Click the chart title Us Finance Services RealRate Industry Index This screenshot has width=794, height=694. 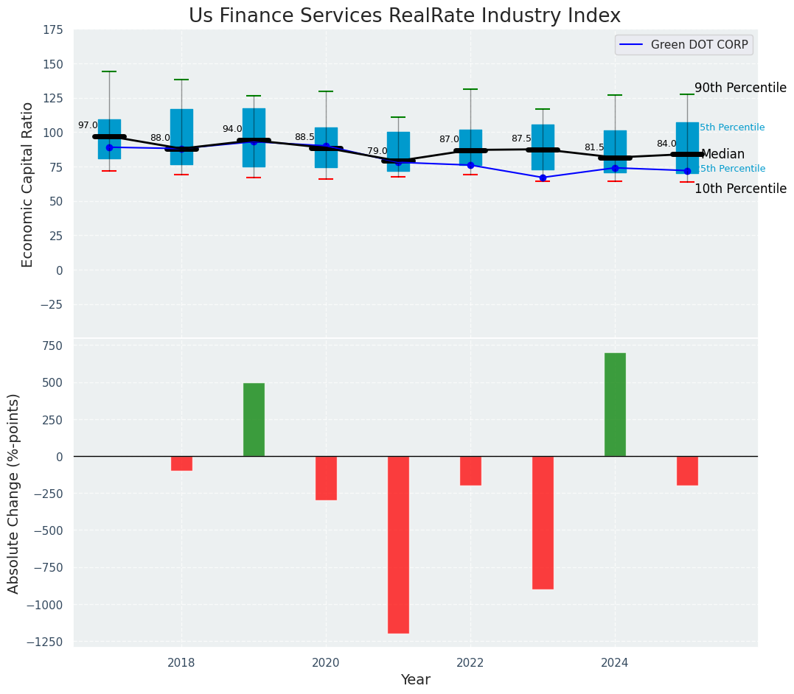[404, 16]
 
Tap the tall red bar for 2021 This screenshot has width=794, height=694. [398, 544]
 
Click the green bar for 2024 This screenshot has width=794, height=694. [615, 404]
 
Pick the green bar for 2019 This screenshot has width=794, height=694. [254, 419]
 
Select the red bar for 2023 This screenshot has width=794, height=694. [543, 522]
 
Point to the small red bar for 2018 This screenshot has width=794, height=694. [181, 463]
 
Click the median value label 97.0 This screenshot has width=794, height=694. [88, 126]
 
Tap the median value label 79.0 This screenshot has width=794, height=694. [377, 152]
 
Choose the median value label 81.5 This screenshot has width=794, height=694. [594, 148]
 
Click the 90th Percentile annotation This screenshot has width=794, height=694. [740, 88]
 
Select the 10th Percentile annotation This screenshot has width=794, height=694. [740, 189]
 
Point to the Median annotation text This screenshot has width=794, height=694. [722, 155]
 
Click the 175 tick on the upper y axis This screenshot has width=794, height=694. [53, 30]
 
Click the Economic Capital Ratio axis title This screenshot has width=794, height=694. [28, 184]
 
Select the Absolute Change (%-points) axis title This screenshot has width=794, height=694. [14, 493]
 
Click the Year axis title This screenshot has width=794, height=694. [415, 680]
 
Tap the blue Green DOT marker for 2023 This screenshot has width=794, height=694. [543, 178]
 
